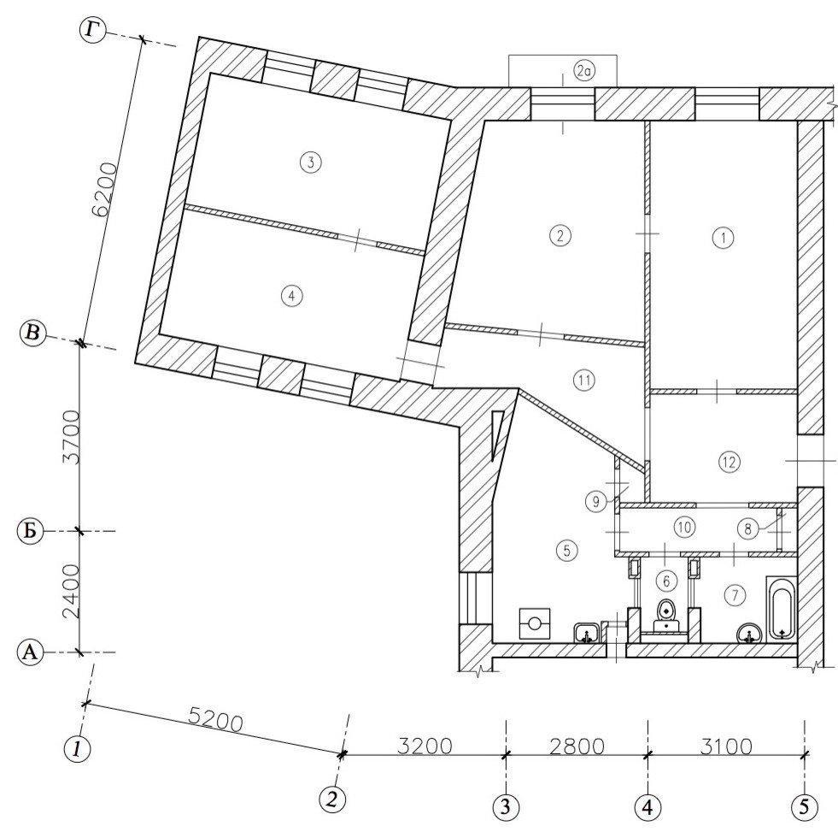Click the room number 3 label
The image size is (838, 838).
click(310, 161)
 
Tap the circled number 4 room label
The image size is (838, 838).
click(292, 295)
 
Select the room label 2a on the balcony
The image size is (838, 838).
click(583, 71)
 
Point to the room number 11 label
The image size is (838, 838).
click(583, 381)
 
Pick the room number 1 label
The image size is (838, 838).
click(724, 237)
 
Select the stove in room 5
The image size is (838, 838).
click(535, 623)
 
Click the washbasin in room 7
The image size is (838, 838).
click(750, 634)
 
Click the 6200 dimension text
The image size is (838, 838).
click(104, 189)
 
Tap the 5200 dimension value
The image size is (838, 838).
click(216, 722)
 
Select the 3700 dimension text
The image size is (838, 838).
click(71, 437)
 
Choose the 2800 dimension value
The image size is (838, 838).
click(577, 746)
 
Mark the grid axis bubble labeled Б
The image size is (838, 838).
click(30, 531)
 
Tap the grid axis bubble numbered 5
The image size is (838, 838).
click(805, 806)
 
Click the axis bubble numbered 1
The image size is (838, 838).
click(78, 748)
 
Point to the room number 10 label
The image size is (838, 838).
click(684, 527)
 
